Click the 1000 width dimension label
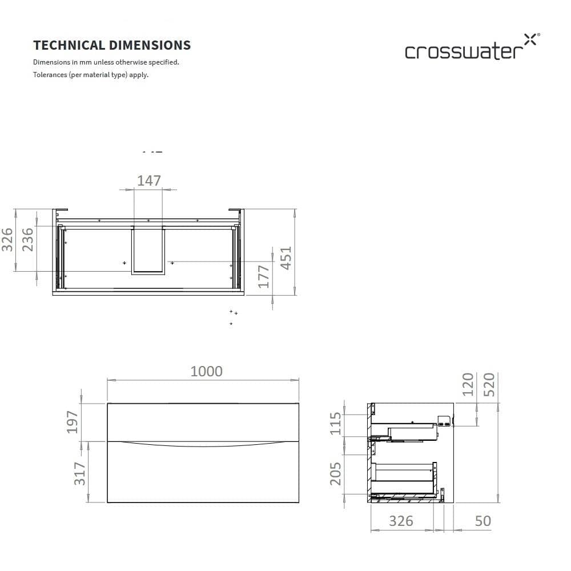pos(206,372)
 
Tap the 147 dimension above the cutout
pos(149,180)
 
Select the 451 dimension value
pos(286,258)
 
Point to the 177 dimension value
pos(264,277)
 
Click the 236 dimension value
pos(27,240)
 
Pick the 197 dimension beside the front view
pos(73,422)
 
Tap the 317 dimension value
pos(80,473)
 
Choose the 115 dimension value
pos(335,424)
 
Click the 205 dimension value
pos(335,474)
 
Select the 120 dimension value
pos(468,384)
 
